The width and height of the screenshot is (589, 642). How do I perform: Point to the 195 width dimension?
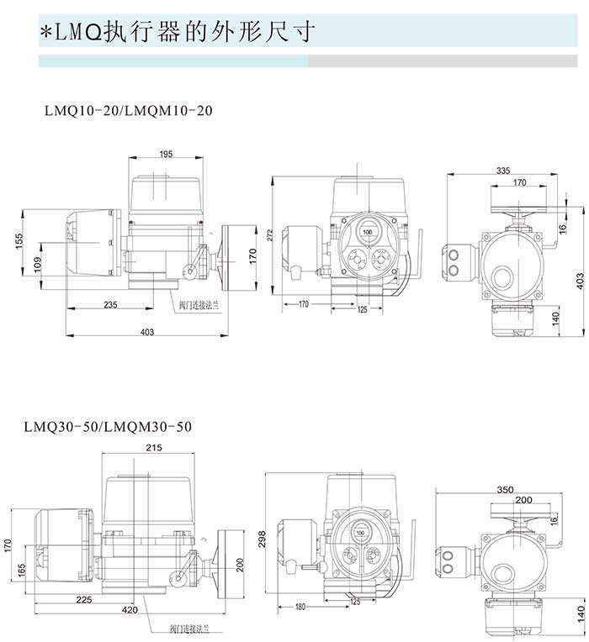tap(165, 154)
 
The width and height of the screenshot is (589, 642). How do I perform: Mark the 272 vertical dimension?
tap(271, 235)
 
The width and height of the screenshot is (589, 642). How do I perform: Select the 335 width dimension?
tap(503, 170)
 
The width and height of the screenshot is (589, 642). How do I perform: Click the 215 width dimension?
tap(153, 447)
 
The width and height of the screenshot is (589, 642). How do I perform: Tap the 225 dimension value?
tap(82, 599)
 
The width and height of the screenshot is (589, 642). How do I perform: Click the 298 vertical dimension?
tap(263, 536)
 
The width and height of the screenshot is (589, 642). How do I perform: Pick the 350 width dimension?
tap(505, 488)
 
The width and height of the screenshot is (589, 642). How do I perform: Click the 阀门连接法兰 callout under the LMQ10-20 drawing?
tap(199, 307)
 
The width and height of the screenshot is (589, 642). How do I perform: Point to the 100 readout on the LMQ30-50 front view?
tap(361, 534)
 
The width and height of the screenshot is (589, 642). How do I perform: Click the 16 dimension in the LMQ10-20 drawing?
tap(563, 228)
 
